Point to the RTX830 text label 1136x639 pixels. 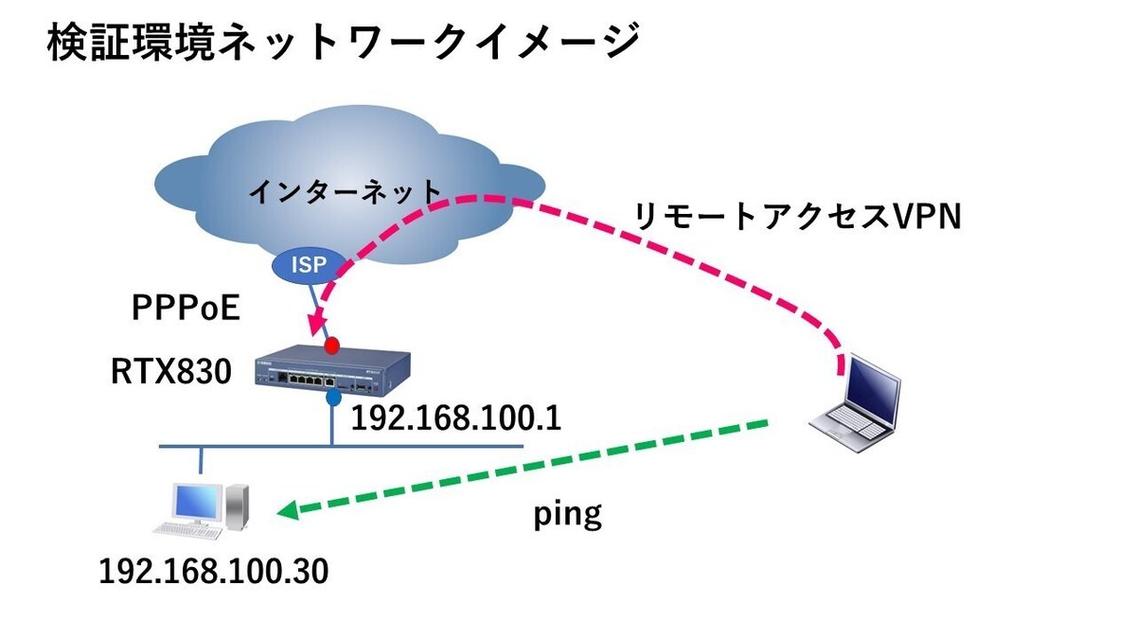[x=171, y=372]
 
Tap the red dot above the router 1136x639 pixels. [x=332, y=345]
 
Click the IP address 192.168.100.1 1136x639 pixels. [x=455, y=418]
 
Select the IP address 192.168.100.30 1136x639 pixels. [x=214, y=571]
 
